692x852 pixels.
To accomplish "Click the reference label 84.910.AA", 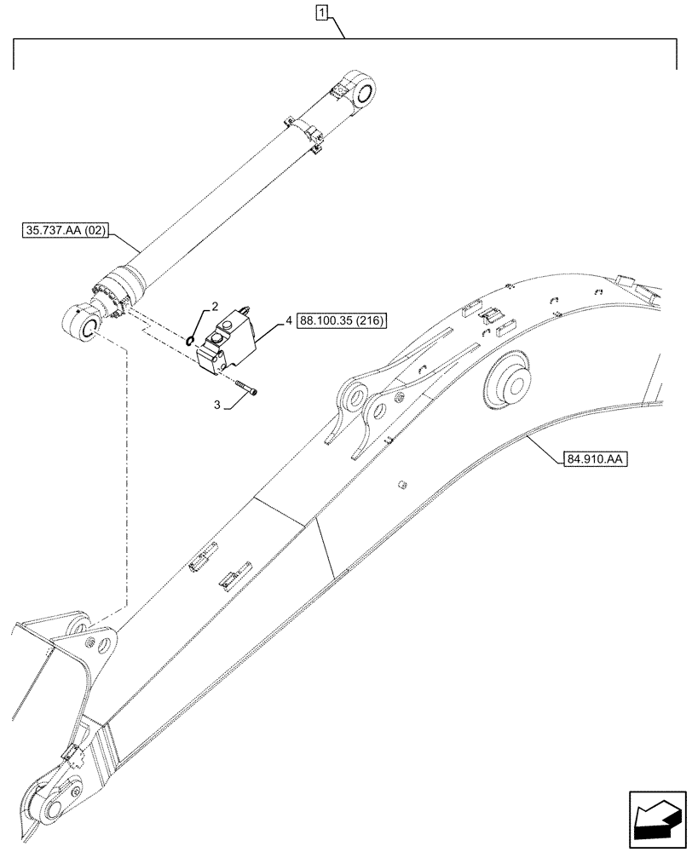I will pyautogui.click(x=594, y=460).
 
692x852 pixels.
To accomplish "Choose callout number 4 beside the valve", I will pyautogui.click(x=289, y=320).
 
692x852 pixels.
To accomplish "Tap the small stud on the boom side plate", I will pyautogui.click(x=400, y=485).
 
